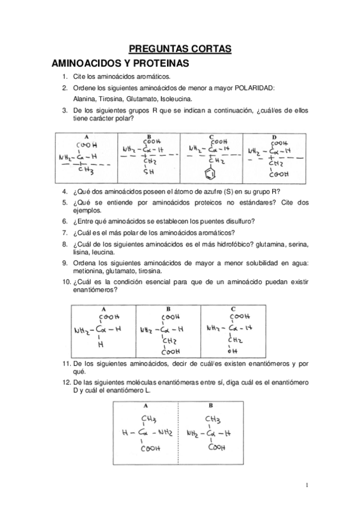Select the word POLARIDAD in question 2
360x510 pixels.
tap(251, 88)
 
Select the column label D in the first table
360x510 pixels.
tap(274, 137)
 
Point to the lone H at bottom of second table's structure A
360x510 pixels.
tap(100, 345)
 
